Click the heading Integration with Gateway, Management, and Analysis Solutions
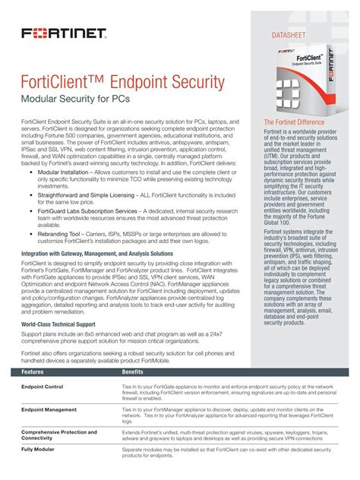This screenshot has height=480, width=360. pyautogui.click(x=96, y=253)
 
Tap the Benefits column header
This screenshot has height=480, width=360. pyautogui.click(x=134, y=373)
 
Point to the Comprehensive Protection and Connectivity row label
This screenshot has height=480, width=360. pyautogui.click(x=59, y=434)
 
